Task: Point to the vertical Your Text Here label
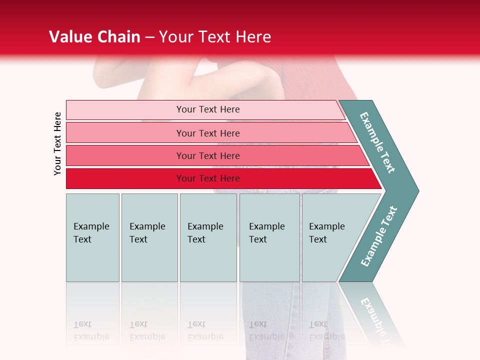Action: tap(57, 143)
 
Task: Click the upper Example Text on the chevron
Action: tap(377, 142)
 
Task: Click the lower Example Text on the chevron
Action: tap(378, 236)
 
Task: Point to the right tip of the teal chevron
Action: tap(417, 190)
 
